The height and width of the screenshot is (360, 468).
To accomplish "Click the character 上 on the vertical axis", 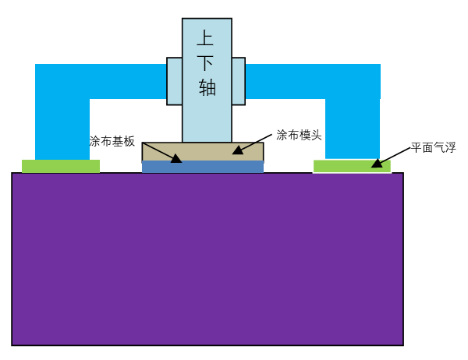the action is click(205, 37).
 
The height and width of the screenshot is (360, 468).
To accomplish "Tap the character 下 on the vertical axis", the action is click(205, 62).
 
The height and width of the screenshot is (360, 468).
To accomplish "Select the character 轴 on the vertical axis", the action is click(207, 87).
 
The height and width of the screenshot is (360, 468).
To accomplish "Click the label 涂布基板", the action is click(112, 141).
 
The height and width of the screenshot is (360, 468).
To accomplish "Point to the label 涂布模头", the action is click(299, 135).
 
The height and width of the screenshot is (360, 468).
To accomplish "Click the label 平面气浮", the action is click(434, 147).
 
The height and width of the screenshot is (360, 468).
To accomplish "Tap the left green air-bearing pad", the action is click(61, 166).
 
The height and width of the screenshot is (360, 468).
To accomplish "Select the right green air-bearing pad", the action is click(352, 166).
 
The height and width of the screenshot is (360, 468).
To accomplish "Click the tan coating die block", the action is click(203, 151).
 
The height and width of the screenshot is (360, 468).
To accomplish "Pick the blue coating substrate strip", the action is click(203, 167).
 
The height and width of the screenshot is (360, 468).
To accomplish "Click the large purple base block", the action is click(207, 259).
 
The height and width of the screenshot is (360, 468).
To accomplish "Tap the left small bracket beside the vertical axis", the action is click(174, 81).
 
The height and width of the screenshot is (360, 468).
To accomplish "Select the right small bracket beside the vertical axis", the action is click(239, 81).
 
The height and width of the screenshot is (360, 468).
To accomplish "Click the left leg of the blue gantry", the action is click(62, 129).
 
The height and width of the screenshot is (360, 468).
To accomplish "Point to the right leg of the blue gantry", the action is click(353, 129).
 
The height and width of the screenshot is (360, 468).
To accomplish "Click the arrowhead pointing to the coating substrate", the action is click(176, 159).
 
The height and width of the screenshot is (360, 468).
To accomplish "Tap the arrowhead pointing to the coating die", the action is click(238, 150).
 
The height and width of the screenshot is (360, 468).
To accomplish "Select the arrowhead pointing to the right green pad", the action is click(377, 163).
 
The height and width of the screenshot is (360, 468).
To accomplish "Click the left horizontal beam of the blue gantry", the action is click(101, 81).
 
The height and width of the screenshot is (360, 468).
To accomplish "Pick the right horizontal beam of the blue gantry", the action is click(313, 81).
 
